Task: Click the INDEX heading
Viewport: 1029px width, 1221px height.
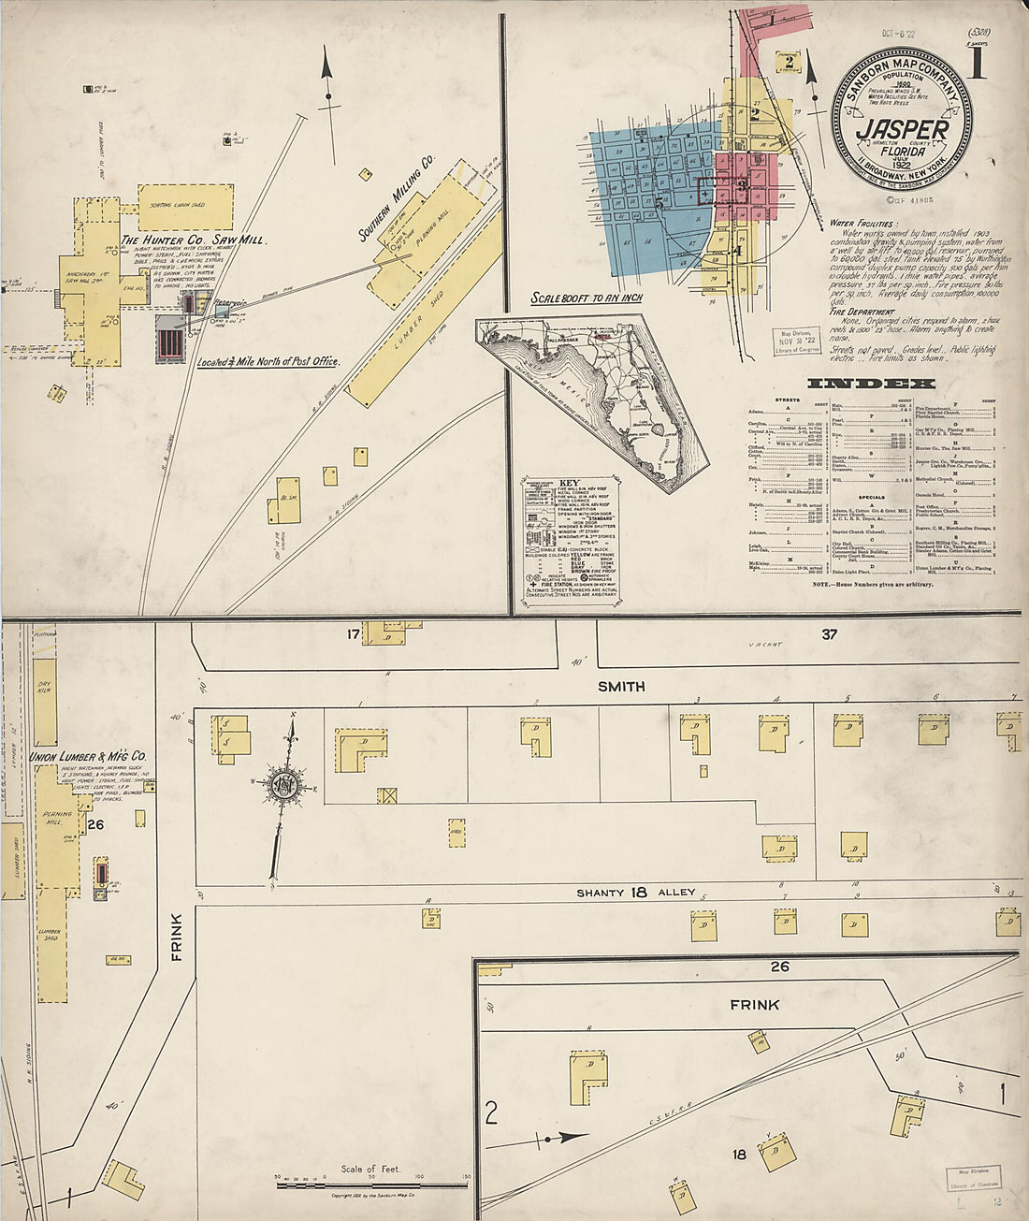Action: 870,384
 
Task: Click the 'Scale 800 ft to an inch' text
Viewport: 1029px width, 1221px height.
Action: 587,298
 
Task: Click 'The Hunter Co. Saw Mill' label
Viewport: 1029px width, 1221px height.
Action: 194,240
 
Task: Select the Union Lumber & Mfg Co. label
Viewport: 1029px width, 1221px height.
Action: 89,756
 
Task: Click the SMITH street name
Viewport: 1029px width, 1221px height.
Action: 621,686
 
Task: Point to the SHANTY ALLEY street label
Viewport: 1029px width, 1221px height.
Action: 636,893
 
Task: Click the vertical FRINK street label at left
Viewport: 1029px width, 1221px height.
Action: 177,937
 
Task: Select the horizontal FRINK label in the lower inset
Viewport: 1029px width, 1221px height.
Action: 755,1005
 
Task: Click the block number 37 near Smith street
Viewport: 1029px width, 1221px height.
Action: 829,634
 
